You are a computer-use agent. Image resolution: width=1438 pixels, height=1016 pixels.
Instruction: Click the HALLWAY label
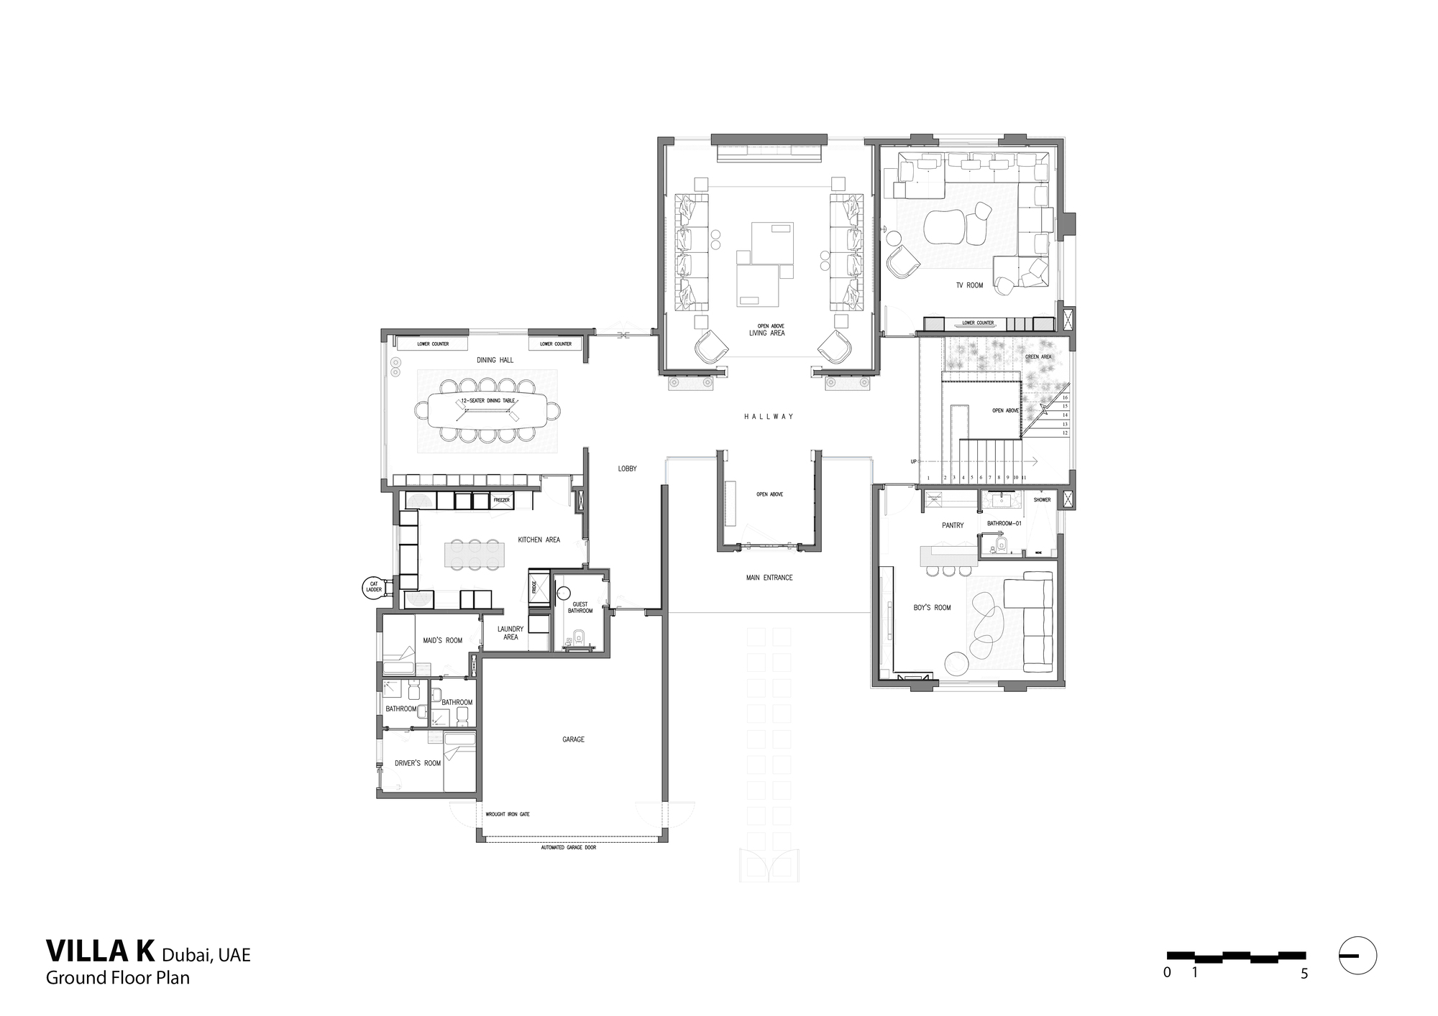click(x=768, y=416)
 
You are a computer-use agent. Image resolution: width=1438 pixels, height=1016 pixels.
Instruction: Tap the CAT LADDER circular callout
click(x=374, y=588)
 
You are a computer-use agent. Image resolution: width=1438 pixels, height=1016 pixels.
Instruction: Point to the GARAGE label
click(x=573, y=739)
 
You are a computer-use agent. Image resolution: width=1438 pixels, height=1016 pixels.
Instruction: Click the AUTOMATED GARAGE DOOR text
click(x=568, y=848)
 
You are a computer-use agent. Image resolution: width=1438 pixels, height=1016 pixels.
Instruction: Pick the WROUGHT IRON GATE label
click(x=507, y=814)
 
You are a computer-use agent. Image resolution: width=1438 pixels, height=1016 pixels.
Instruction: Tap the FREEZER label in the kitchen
click(x=501, y=499)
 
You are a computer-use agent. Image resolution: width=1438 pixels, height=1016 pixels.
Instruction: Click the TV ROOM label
click(x=969, y=285)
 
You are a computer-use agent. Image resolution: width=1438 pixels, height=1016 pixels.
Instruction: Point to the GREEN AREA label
click(x=1038, y=356)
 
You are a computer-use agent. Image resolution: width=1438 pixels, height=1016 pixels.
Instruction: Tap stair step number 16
click(x=1065, y=397)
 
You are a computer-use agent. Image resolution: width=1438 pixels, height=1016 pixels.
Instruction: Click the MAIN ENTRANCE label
click(x=769, y=577)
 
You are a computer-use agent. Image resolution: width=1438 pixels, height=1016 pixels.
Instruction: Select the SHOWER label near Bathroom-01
click(x=1042, y=499)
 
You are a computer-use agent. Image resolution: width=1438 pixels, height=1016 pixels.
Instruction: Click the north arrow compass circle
click(x=1357, y=956)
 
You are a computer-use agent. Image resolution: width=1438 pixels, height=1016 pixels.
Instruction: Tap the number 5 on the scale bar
click(x=1304, y=974)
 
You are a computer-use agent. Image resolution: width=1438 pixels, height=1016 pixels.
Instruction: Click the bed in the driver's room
click(x=459, y=751)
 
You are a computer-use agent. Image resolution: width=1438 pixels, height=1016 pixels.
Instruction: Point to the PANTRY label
click(x=952, y=525)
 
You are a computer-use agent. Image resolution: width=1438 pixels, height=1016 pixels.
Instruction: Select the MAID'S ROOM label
click(x=442, y=639)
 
